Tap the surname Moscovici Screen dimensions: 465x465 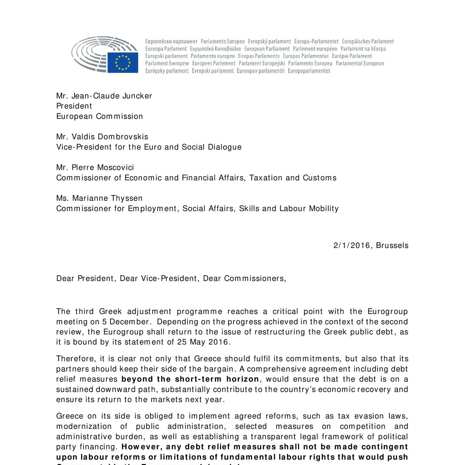pos(115,167)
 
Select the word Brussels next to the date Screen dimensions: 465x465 pos(392,246)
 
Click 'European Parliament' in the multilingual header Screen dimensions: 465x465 pos(267,49)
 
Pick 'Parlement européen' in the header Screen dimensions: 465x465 pos(315,49)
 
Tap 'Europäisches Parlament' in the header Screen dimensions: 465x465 pos(368,41)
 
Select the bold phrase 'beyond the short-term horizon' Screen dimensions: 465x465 pos(190,379)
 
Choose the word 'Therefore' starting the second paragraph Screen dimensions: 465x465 pos(76,359)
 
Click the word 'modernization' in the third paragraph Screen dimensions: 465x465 pos(84,426)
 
